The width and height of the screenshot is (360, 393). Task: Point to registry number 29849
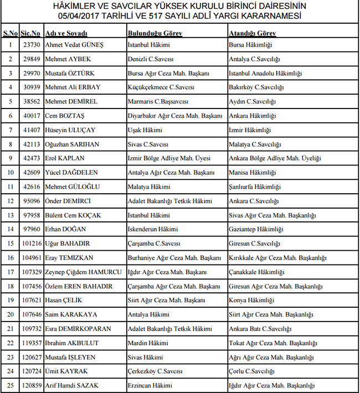coord(31,59)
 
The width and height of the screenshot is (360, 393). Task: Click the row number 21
coord(10,329)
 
